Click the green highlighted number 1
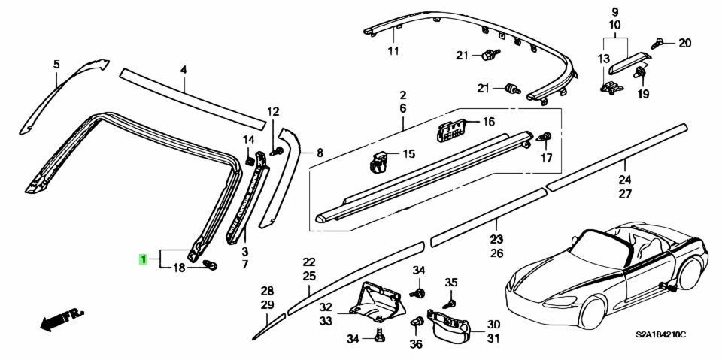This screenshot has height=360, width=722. [143, 259]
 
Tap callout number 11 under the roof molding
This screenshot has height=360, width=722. [392, 51]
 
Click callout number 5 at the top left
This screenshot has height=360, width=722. [55, 65]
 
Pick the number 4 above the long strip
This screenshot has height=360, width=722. [182, 70]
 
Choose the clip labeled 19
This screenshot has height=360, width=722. [642, 74]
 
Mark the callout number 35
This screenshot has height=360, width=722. [450, 282]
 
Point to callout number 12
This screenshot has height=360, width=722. [272, 112]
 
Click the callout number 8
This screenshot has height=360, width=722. [319, 153]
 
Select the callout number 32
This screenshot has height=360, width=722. [325, 307]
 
